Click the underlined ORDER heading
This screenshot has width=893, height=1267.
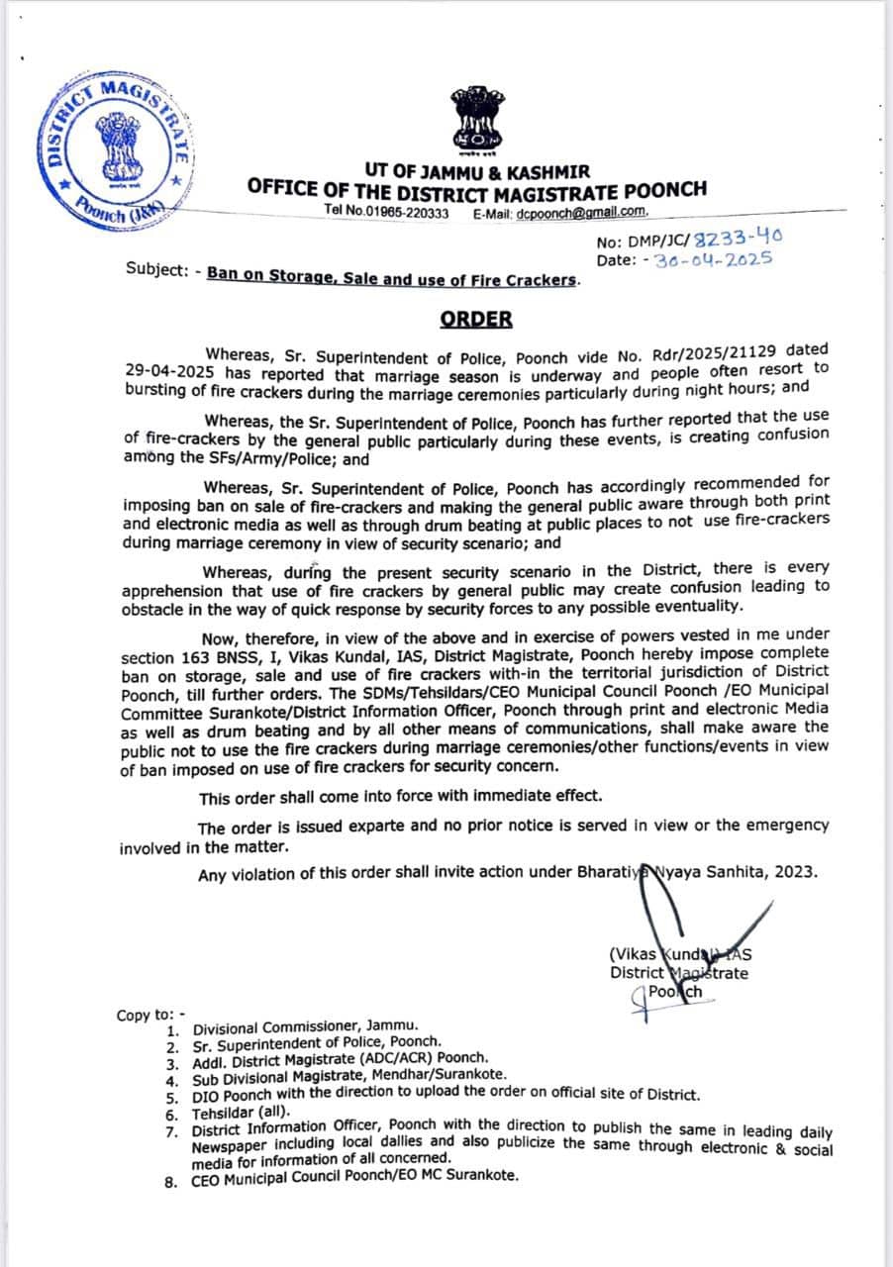(x=477, y=319)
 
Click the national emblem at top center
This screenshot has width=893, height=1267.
(x=477, y=117)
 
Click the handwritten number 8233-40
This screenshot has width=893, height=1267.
(x=742, y=239)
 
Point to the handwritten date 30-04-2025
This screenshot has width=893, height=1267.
(x=714, y=259)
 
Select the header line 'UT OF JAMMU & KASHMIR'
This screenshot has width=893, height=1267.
(x=477, y=171)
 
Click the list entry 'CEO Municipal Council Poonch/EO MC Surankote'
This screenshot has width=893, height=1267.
(x=354, y=1178)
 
